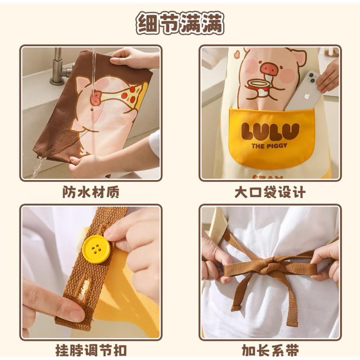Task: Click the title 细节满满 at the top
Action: pos(180,23)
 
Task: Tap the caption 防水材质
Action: pos(90,192)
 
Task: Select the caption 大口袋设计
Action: pos(270,192)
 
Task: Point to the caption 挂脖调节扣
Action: pos(90,350)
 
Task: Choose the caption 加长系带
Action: pos(270,350)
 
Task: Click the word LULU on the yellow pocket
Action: pos(270,131)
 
